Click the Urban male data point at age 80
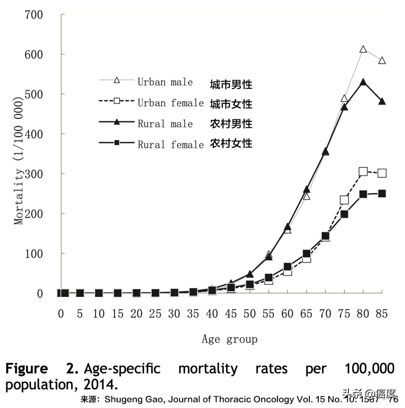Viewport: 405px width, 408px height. (363, 49)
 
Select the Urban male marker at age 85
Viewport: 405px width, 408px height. (382, 60)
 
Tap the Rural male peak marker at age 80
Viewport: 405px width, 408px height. (363, 82)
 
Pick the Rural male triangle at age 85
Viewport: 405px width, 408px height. (382, 101)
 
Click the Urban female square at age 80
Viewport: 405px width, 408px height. (363, 172)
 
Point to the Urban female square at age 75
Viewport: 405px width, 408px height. (344, 200)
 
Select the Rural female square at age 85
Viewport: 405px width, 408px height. (382, 193)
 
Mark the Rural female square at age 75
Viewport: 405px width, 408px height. (344, 214)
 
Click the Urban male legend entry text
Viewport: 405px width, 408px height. (165, 82)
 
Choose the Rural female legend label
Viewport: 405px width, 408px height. (171, 144)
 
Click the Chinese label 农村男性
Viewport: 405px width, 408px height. (231, 124)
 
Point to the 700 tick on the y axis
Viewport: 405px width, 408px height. (34, 15)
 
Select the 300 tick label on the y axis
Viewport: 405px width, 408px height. (34, 174)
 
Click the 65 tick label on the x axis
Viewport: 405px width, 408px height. (306, 314)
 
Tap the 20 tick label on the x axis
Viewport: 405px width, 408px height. (136, 314)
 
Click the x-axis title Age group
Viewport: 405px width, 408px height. (229, 339)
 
